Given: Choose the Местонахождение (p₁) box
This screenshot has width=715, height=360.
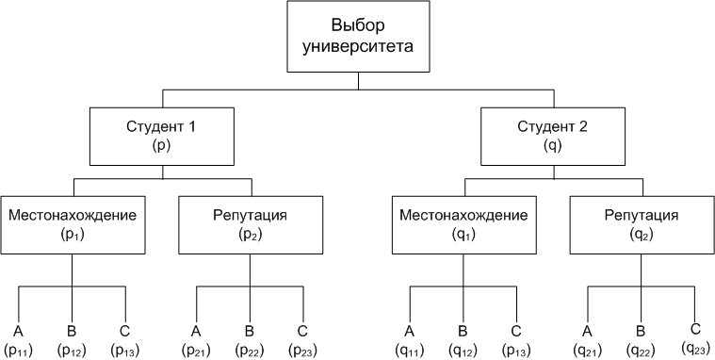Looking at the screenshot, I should (73, 224).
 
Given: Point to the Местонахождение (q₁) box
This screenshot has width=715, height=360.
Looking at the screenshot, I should (463, 224).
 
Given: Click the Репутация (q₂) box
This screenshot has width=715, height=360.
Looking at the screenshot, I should (641, 224).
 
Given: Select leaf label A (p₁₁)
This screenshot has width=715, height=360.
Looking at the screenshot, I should (19, 340).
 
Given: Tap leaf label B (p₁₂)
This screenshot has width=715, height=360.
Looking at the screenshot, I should (73, 340).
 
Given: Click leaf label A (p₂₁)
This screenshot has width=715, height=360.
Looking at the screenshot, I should (196, 340).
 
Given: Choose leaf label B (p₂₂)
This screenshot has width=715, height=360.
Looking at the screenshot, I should (250, 340).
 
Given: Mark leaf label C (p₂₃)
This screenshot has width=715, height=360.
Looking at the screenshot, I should (302, 340).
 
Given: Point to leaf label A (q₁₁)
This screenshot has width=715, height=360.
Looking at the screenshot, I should (410, 340).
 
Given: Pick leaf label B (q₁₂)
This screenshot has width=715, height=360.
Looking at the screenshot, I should (463, 340).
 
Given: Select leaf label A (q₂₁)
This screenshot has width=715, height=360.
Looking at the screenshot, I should (588, 340).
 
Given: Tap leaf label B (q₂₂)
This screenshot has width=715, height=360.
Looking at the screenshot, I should (641, 340).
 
